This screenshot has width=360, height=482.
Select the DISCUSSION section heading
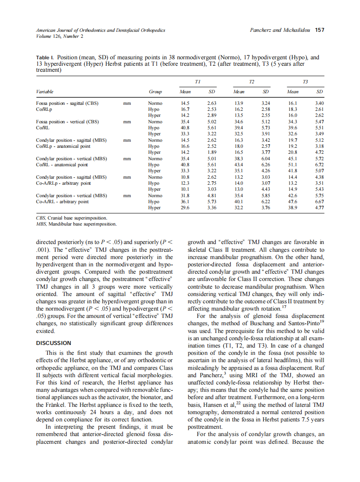54,343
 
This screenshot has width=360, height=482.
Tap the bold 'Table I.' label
46,57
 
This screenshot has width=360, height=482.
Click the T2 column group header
252,82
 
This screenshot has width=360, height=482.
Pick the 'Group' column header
155,92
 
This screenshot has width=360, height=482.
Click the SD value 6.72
319,165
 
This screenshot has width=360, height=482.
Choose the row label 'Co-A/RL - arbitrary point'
62,201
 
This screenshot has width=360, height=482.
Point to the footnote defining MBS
76,224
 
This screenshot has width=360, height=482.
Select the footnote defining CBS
71,218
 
